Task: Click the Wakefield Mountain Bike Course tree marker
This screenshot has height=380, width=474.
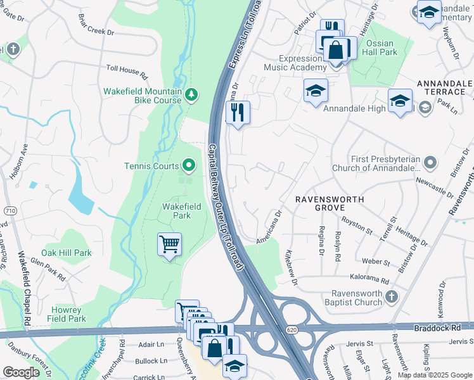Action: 191,95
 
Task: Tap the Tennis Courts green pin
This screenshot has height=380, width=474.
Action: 189,167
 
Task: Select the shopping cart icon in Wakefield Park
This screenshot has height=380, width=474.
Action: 169,244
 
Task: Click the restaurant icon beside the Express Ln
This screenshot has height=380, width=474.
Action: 238,113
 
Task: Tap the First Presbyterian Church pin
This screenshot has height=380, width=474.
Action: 430,163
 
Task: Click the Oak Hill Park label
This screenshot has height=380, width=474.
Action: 67,253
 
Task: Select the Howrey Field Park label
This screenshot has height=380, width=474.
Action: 67,314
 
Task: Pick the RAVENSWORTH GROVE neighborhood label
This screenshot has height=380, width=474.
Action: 330,203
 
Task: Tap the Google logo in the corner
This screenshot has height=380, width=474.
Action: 21,372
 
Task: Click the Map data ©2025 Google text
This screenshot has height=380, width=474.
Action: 435,375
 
